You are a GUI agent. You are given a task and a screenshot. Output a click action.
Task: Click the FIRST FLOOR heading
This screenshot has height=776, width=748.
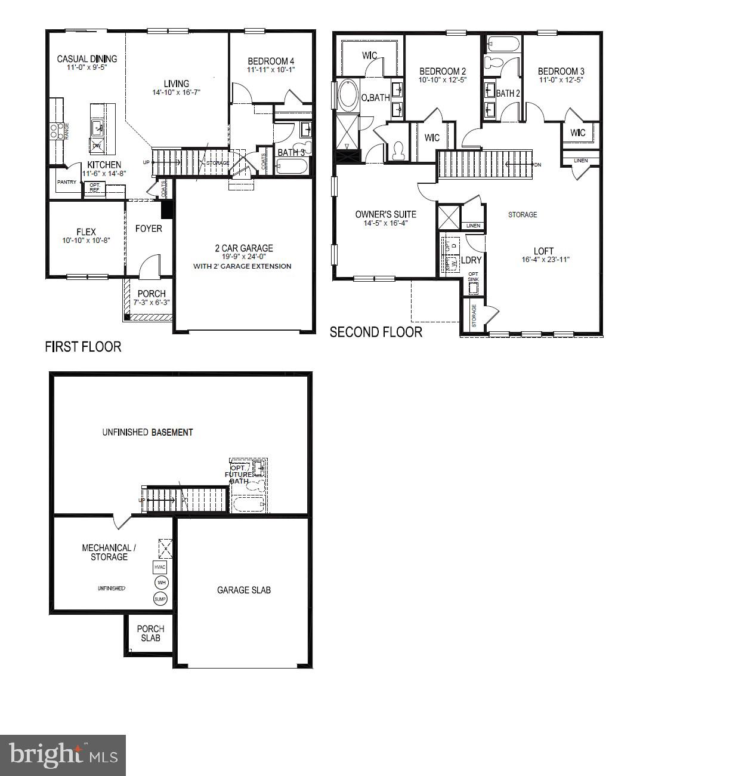tap(83, 347)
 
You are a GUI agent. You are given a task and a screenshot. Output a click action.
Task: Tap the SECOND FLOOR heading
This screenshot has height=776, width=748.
tap(376, 332)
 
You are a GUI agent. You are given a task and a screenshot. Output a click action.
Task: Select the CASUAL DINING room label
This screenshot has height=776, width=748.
tap(87, 58)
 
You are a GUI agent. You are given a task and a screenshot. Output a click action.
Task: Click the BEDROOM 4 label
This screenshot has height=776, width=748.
tap(271, 61)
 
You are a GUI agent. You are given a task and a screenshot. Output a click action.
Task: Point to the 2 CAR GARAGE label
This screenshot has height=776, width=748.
tap(244, 248)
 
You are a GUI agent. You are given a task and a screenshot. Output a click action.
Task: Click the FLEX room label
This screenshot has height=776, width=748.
tap(86, 232)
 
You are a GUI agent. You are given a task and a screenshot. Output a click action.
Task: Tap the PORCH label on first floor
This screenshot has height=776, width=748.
tap(152, 294)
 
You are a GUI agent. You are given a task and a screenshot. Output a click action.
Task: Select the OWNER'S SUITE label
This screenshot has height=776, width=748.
tap(385, 214)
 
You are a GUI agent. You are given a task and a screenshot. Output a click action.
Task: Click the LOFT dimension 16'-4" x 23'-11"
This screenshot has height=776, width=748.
tap(546, 260)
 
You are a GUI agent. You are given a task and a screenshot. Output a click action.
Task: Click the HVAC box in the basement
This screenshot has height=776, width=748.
tap(160, 567)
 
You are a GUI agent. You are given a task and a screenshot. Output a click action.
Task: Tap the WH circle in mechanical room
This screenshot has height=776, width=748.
tap(160, 583)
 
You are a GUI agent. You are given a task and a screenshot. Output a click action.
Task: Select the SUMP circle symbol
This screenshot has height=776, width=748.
tap(160, 599)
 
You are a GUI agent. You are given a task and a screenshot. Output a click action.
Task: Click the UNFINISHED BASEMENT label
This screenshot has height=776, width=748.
tap(147, 432)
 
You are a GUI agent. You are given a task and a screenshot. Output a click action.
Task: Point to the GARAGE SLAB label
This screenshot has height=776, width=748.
tap(243, 590)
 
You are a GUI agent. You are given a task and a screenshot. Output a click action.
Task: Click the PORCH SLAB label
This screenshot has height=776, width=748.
tap(150, 633)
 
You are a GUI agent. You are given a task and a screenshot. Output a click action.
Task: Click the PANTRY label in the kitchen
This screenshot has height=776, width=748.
tap(67, 182)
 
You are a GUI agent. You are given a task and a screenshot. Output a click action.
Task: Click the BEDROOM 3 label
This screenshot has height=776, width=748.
tap(561, 71)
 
